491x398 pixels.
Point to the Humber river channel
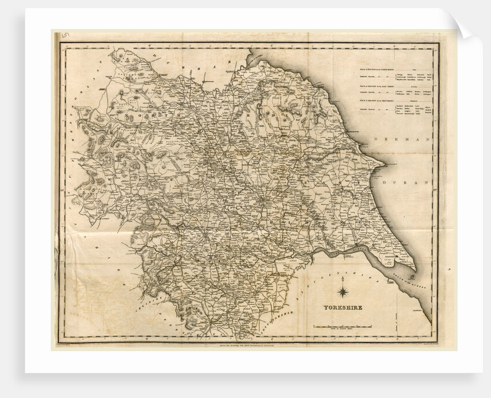pos(347,250)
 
